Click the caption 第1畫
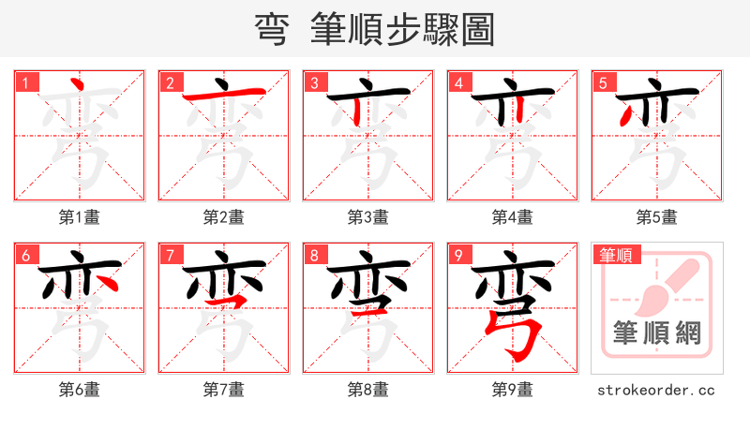[x=80, y=217]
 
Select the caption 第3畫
[x=368, y=217]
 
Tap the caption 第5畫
[x=657, y=217]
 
